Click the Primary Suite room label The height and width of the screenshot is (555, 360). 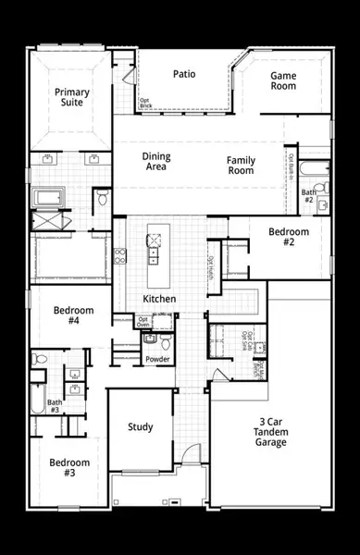(x=71, y=96)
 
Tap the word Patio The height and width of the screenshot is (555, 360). (x=185, y=75)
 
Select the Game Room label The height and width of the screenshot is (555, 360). (x=282, y=80)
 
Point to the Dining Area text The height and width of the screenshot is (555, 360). (x=156, y=162)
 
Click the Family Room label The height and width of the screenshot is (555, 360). (x=241, y=166)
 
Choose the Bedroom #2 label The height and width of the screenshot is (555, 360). (x=281, y=236)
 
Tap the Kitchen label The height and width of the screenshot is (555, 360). (x=159, y=299)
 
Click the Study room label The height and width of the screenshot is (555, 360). (x=141, y=426)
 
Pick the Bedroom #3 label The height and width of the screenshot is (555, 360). (x=69, y=467)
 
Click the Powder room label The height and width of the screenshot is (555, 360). (x=158, y=359)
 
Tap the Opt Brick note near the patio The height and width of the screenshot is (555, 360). (x=144, y=103)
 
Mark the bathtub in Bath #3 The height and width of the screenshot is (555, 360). (x=35, y=398)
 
